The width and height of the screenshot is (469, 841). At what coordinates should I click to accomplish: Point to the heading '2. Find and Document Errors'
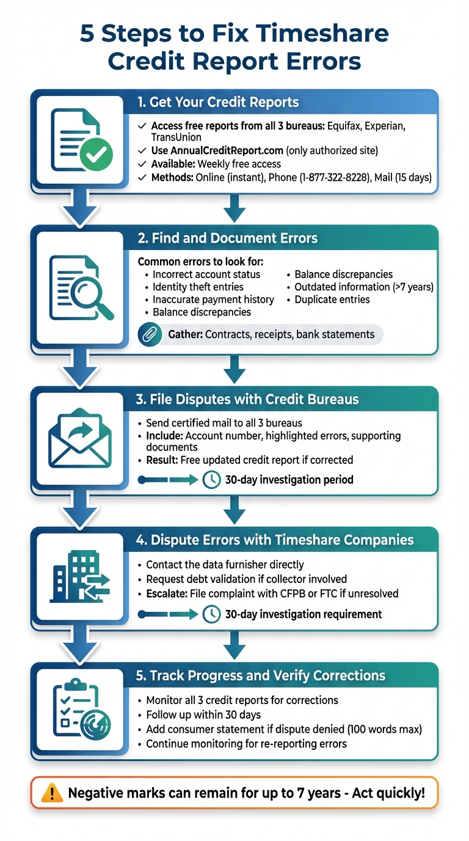228,238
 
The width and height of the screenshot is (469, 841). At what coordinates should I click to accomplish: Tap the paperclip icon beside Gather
150,334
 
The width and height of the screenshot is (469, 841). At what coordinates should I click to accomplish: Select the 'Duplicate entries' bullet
332,299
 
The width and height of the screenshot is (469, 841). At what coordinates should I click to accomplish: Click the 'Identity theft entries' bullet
198,287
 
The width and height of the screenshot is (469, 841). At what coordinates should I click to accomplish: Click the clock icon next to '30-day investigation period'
211,480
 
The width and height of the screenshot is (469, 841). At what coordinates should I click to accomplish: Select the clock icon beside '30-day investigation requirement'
211,614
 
